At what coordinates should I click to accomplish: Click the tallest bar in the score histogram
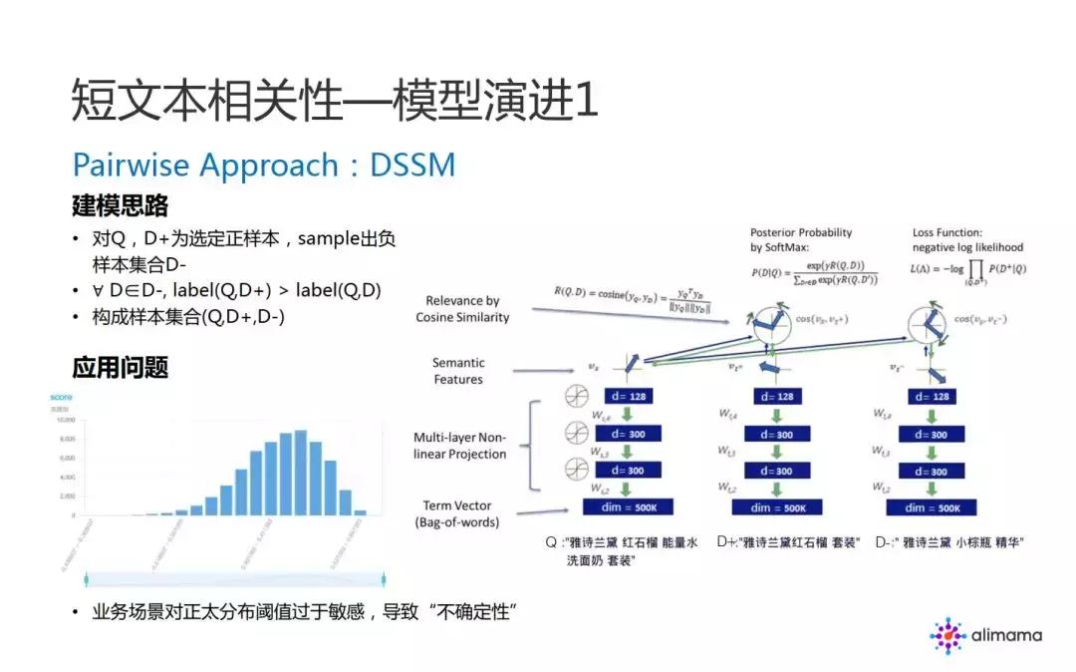coord(300,474)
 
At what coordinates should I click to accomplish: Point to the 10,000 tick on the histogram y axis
coord(65,421)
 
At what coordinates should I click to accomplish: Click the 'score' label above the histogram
coord(61,397)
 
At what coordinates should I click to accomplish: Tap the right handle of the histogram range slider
coord(384,577)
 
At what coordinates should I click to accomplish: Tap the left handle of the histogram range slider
coord(88,577)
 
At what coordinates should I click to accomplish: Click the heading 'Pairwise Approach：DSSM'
coord(264,164)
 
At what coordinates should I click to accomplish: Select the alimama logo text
coord(1005,634)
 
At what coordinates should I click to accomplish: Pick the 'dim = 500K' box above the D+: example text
coord(771,507)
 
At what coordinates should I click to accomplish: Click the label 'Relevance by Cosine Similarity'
coord(462,309)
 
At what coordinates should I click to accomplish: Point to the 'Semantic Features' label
coord(458,371)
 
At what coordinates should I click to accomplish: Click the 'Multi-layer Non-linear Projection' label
coord(459,446)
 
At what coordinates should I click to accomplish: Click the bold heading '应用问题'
coord(120,367)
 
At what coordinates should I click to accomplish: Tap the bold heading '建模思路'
coord(120,206)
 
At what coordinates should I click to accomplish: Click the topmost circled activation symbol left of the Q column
coord(575,397)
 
